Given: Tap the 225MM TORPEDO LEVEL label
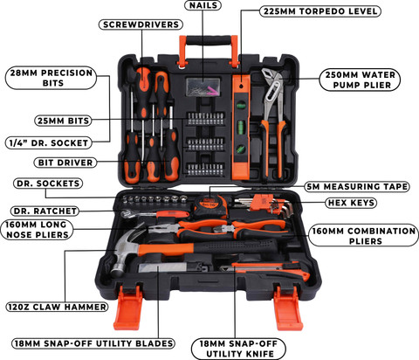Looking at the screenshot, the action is point(320,11).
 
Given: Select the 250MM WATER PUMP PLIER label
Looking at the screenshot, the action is point(360,80).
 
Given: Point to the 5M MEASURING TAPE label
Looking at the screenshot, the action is point(357,186).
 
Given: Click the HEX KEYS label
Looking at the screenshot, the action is point(351,203).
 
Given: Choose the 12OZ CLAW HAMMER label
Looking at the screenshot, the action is point(57,307).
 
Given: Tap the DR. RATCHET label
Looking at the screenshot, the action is point(45,211).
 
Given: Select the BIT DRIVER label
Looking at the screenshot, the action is point(65,163).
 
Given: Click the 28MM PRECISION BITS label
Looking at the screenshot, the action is point(51,78).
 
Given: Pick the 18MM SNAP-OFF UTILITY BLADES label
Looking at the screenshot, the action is point(93,343).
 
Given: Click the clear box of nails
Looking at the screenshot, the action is point(203,87).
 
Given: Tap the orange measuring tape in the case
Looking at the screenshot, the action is point(210,206).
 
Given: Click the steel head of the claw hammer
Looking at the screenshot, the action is point(125,251).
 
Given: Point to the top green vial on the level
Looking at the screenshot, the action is point(241,105).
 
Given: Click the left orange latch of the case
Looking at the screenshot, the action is point(128,308).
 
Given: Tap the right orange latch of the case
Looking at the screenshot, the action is point(288,308).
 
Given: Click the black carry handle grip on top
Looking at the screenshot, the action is point(209,40).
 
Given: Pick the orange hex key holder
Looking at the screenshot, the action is point(261,202).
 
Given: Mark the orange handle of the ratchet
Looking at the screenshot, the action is point(173,214).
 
